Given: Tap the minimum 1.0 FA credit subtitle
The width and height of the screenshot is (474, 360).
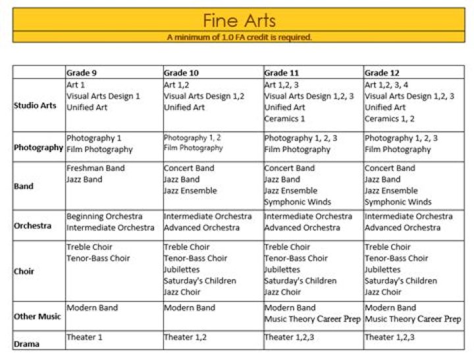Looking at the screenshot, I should pyautogui.click(x=238, y=38).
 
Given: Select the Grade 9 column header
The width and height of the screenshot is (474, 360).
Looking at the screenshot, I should pyautogui.click(x=82, y=72).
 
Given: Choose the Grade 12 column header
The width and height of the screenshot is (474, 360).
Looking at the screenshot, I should pyautogui.click(x=382, y=72).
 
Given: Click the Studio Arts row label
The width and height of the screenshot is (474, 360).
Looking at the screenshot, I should pyautogui.click(x=36, y=105).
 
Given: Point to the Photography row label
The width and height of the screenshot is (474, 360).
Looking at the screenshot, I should pyautogui.click(x=38, y=147).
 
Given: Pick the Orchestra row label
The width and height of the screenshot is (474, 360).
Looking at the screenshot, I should pyautogui.click(x=32, y=226).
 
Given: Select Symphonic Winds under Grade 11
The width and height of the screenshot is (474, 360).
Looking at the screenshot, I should pyautogui.click(x=298, y=202).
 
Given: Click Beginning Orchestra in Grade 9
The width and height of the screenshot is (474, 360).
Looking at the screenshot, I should pyautogui.click(x=104, y=217).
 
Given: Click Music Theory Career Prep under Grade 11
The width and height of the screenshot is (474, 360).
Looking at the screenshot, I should pyautogui.click(x=312, y=319).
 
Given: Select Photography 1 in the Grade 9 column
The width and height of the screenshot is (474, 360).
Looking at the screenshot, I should pyautogui.click(x=94, y=138).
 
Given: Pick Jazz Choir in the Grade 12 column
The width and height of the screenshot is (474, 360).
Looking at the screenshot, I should pyautogui.click(x=382, y=292).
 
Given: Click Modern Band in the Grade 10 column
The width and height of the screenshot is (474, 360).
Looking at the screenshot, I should pyautogui.click(x=189, y=308).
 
